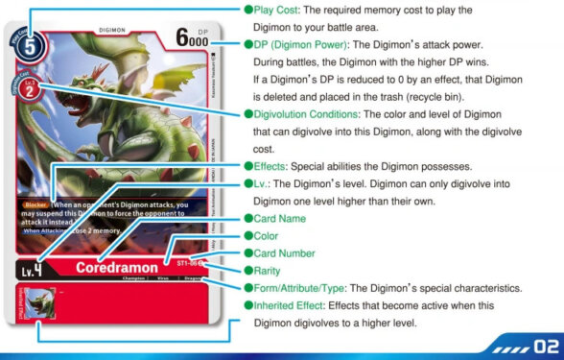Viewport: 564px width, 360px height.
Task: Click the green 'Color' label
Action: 270,236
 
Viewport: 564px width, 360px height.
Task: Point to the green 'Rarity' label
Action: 271,271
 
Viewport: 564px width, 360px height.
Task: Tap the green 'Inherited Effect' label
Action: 293,305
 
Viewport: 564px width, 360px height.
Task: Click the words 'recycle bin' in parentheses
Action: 482,97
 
